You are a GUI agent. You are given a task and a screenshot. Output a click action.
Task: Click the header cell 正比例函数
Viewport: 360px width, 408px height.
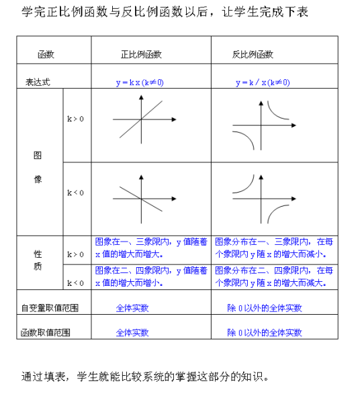[x=141, y=54]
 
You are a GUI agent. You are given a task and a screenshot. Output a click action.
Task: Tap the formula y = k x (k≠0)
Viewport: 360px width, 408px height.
[x=140, y=83]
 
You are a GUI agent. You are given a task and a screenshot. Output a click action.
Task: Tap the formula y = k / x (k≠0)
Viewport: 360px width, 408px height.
[x=263, y=83]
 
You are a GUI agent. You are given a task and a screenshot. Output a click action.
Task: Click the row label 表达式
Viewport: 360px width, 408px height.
[x=38, y=83]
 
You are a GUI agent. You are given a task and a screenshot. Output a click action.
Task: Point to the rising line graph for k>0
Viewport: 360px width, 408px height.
[x=140, y=121]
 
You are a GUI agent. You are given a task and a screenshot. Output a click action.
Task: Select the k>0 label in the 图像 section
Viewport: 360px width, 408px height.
[x=75, y=119]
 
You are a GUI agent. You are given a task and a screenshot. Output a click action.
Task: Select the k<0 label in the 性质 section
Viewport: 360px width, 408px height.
[x=75, y=283]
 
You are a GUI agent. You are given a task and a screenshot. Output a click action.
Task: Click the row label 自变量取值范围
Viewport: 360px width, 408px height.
[x=50, y=308]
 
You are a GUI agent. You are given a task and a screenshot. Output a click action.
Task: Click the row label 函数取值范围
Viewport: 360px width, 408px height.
[x=46, y=332]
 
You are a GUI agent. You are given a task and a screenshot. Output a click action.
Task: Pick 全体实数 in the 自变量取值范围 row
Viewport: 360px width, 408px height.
[x=132, y=308]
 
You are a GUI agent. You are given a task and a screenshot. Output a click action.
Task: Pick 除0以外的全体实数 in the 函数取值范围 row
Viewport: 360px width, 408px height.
[x=265, y=332]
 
